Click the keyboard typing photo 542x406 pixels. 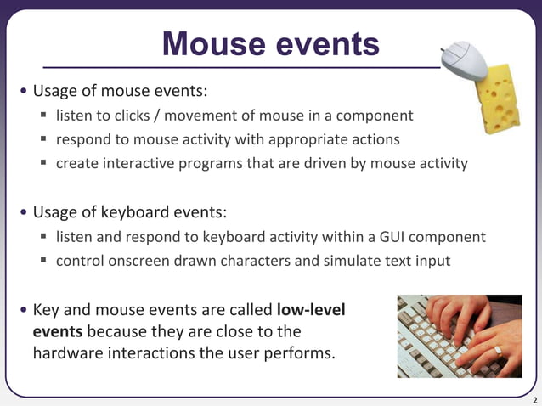coord(460,336)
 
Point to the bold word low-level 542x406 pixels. coord(311,309)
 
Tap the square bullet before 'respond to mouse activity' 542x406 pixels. coord(43,139)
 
